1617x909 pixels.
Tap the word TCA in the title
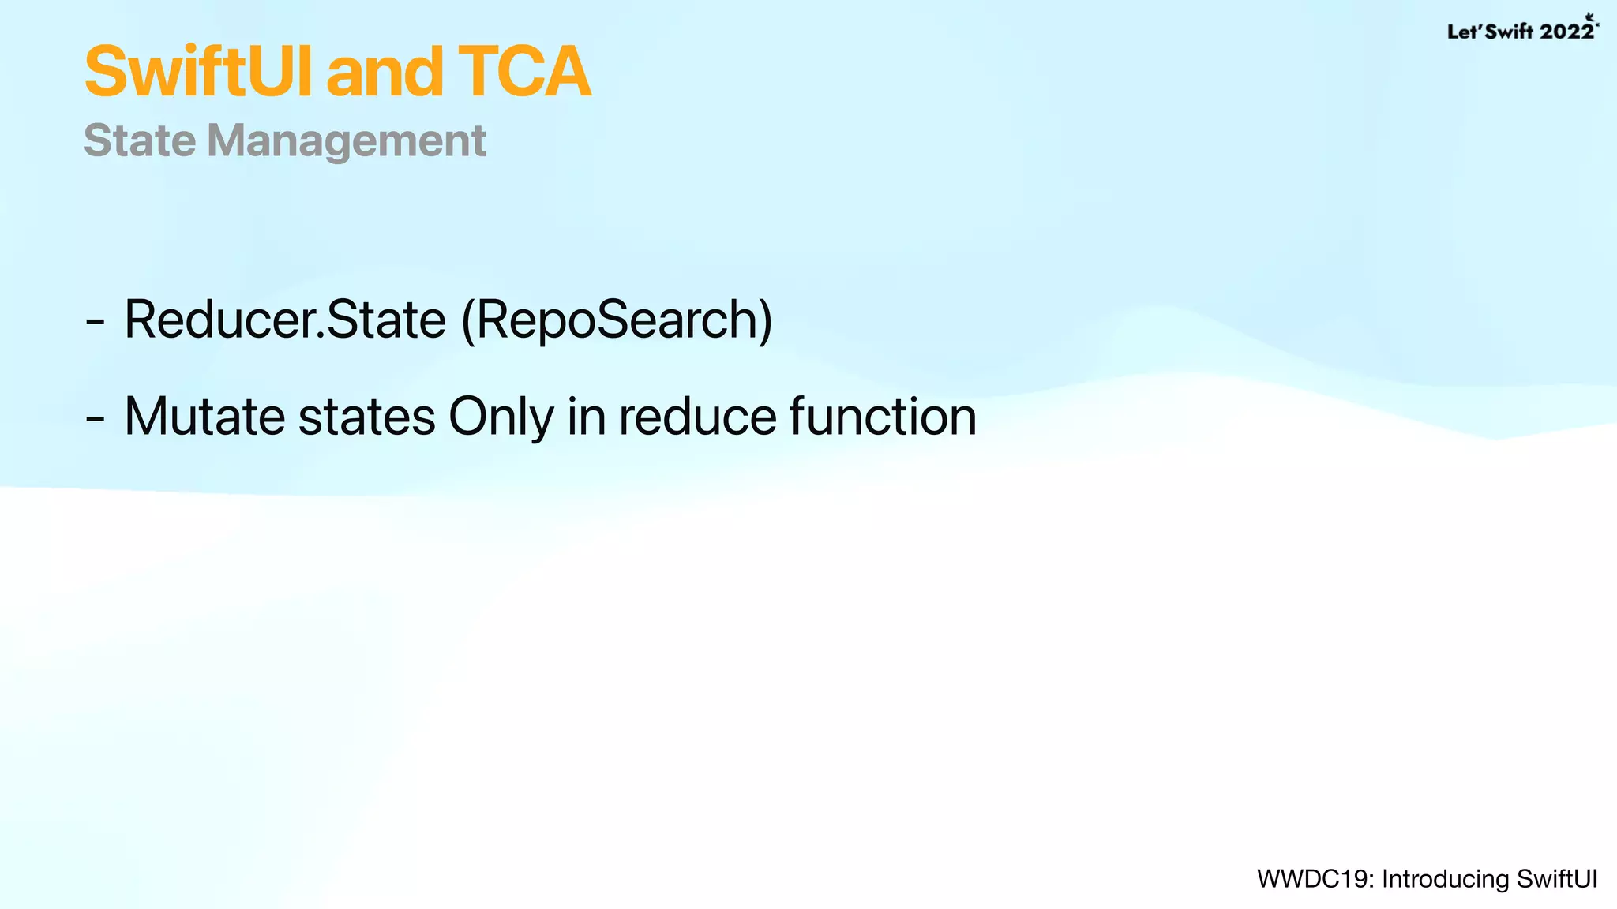[x=523, y=73]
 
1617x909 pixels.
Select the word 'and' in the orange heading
[x=385, y=73]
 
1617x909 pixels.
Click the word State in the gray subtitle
[x=140, y=141]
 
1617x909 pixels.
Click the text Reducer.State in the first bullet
[x=285, y=320]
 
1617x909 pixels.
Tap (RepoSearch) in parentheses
[x=617, y=320]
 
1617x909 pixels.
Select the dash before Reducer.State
[x=95, y=323]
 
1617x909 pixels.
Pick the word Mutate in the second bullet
[x=204, y=417]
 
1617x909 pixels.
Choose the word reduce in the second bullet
[x=697, y=417]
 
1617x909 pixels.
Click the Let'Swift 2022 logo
[x=1521, y=30]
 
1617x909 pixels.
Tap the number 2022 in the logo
[x=1566, y=32]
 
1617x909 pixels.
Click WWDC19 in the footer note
[x=1315, y=879]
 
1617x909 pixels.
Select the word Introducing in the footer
[x=1445, y=879]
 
